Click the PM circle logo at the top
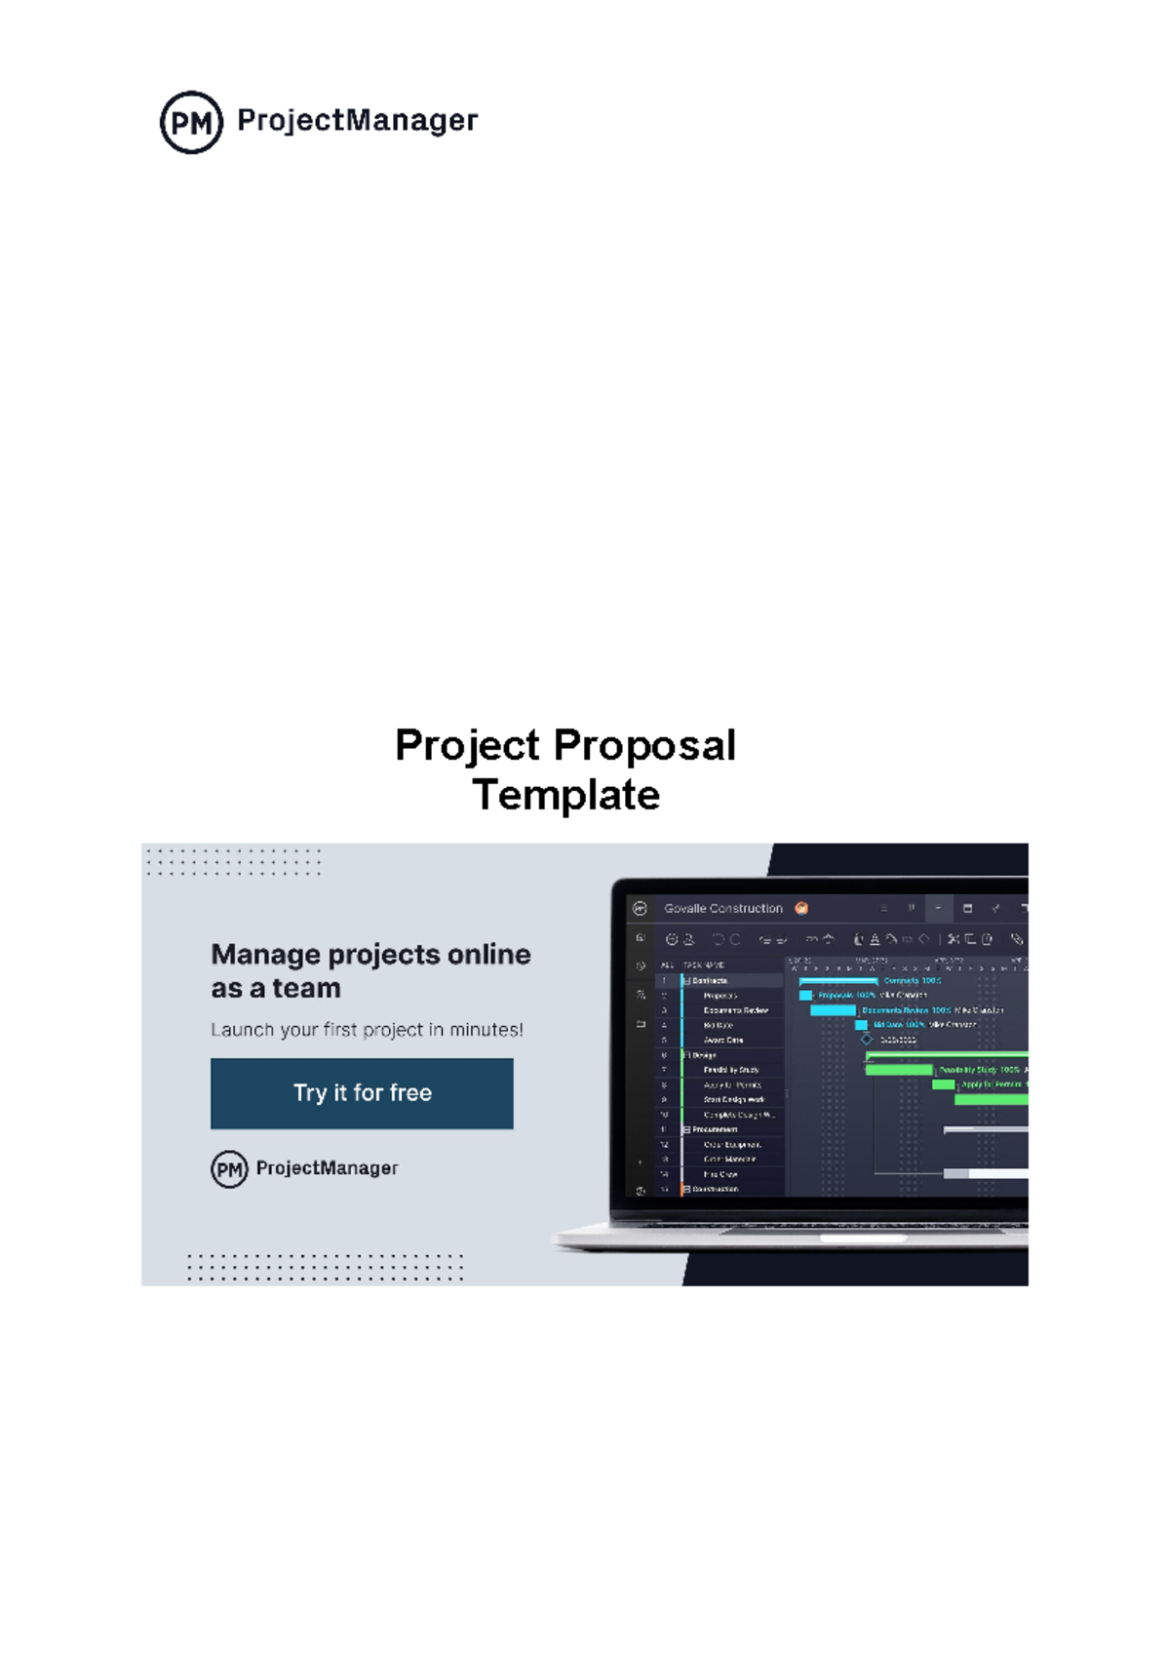pos(191,122)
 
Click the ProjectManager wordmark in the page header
pos(357,121)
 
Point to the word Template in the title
pos(565,796)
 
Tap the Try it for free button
pos(362,1093)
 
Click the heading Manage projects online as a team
pos(370,970)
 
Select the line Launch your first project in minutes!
pos(367,1030)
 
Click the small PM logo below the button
pos(229,1168)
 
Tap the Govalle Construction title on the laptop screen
pos(722,908)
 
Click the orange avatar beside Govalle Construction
pos(801,908)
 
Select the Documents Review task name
pos(735,1010)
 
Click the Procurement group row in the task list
pos(715,1129)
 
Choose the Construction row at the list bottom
pos(715,1189)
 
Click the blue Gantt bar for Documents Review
pos(833,1010)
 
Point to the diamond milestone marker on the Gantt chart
pos(867,1040)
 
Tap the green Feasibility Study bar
pos(899,1070)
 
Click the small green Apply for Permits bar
pos(943,1084)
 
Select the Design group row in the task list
pos(704,1055)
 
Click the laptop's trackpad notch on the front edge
pos(863,1238)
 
